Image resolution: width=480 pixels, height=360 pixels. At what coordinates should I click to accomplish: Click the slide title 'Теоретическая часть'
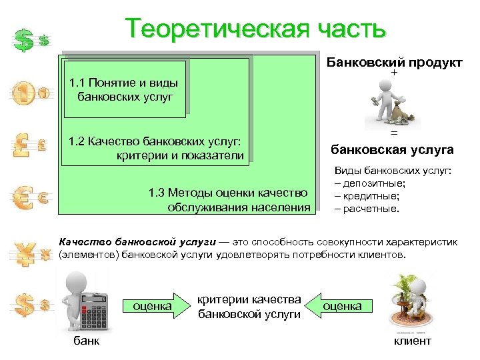[256, 29]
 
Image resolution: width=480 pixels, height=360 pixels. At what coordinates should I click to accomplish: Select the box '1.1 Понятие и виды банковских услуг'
[124, 89]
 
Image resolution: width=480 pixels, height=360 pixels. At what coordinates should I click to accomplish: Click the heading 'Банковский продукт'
[394, 63]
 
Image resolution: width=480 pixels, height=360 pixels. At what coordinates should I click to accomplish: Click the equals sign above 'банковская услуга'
[393, 133]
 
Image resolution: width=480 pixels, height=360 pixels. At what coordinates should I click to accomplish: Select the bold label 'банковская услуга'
[393, 149]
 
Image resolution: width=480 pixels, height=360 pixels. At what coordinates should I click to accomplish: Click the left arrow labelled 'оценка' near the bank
[152, 306]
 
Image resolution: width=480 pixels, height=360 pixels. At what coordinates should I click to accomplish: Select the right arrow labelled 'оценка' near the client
[341, 306]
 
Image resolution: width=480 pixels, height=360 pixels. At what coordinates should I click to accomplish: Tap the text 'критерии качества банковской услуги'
[249, 307]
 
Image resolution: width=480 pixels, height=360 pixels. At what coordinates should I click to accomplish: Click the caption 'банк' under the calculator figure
[86, 341]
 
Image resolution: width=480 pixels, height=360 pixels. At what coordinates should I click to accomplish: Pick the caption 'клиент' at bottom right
[413, 341]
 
